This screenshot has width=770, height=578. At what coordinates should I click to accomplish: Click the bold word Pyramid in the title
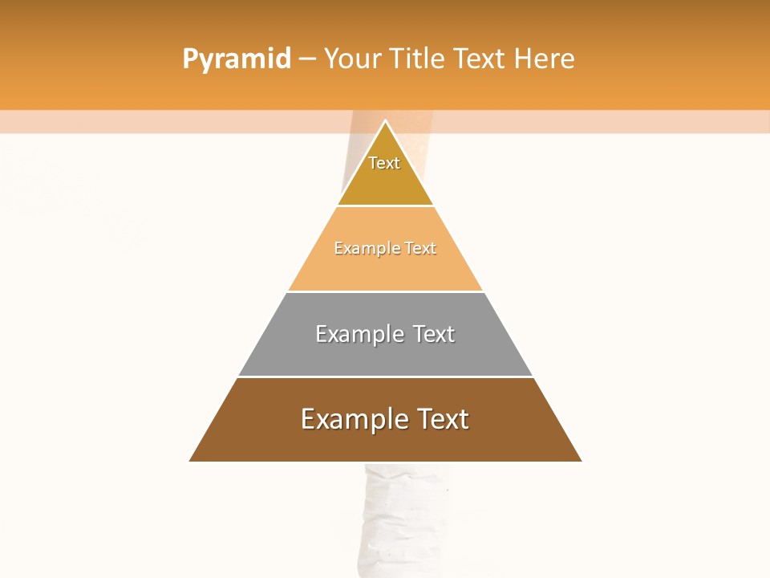click(x=237, y=59)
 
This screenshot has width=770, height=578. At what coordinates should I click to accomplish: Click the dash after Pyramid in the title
click(x=307, y=59)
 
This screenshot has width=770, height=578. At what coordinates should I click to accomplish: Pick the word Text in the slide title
click(x=480, y=59)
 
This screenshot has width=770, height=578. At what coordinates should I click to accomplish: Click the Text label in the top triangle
click(x=384, y=163)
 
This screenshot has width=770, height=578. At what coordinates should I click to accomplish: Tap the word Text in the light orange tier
click(x=420, y=249)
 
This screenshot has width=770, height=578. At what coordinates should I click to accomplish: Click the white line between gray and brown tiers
click(x=385, y=377)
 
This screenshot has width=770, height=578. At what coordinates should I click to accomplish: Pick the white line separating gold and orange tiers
click(x=385, y=206)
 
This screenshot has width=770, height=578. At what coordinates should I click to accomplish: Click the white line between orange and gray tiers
click(x=385, y=291)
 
